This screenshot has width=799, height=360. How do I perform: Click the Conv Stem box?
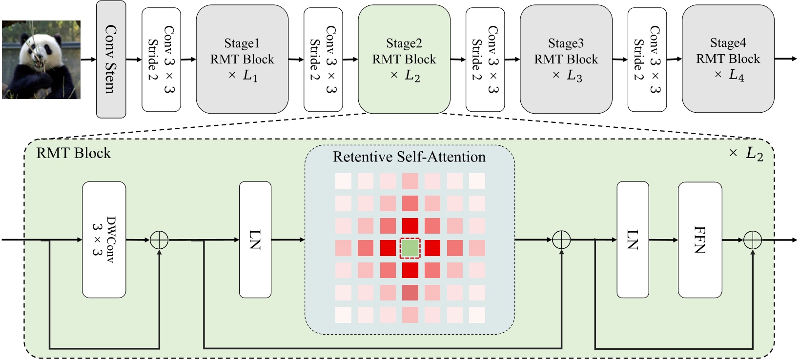point(111,60)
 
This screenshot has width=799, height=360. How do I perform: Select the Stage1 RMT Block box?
point(242,60)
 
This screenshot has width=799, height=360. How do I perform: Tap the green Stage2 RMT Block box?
point(404,60)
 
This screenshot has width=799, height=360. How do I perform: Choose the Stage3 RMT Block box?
point(566,60)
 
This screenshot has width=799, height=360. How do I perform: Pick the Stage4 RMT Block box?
point(728,59)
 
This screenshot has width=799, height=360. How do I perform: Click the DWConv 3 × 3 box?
point(104,240)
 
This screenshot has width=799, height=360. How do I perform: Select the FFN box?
point(699,240)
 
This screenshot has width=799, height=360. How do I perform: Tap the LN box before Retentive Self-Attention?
point(255,240)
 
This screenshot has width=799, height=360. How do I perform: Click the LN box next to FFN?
point(633,240)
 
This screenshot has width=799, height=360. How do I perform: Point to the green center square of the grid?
point(410,248)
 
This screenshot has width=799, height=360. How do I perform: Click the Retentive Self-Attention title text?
point(409,157)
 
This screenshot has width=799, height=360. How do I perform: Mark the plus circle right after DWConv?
point(159,240)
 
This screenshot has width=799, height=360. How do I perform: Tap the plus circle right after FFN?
point(752,240)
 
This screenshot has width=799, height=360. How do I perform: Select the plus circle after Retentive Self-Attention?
point(561,240)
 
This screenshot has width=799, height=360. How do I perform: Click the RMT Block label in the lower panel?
point(74,153)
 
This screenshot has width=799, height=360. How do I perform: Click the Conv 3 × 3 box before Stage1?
point(161,60)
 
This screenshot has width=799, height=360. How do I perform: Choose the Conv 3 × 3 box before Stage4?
point(647,60)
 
